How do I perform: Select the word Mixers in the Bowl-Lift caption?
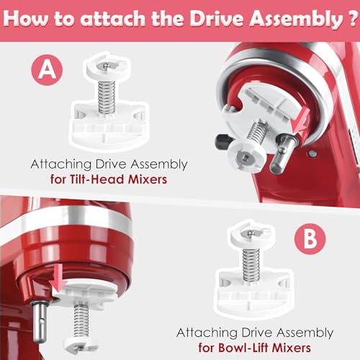coord(312,347)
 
